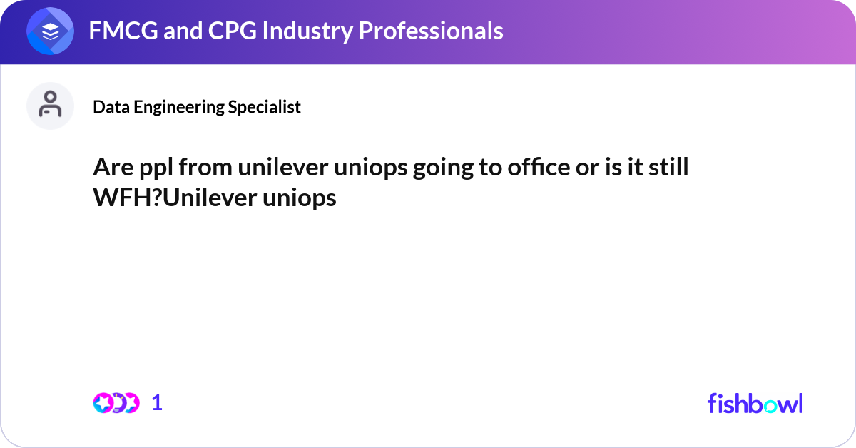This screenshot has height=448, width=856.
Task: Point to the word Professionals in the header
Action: pos(424,31)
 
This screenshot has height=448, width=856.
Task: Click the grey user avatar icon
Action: pos(50,106)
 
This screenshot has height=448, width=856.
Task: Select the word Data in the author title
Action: pos(108,107)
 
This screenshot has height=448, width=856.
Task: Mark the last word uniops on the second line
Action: pos(308,198)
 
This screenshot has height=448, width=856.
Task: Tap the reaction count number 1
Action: pos(157,403)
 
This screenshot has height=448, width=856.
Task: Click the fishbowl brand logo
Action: pos(755,403)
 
